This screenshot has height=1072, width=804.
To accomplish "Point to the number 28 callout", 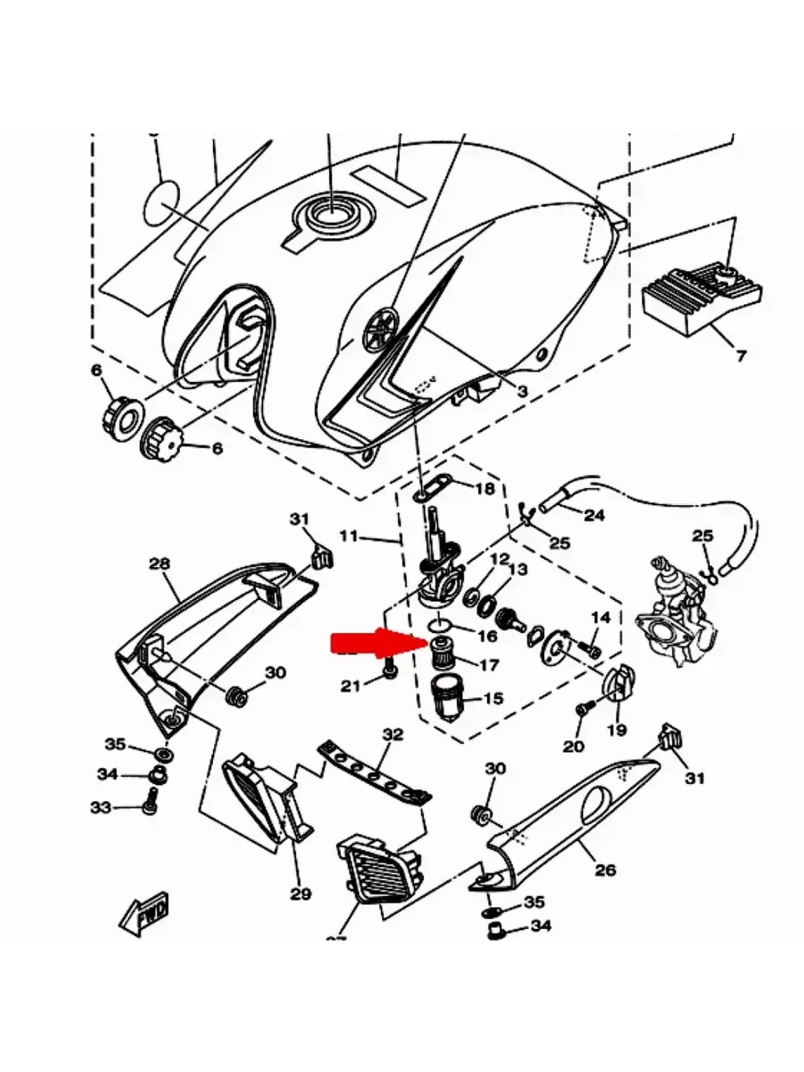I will click(x=160, y=564).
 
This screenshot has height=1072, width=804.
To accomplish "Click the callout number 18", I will click(x=485, y=490).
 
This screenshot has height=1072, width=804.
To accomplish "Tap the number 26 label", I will click(x=605, y=869).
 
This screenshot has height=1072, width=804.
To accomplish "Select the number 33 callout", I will click(x=100, y=807).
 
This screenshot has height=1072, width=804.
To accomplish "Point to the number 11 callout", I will click(x=347, y=534).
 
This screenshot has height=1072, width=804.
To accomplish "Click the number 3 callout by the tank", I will click(x=523, y=392).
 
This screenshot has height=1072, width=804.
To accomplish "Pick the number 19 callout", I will click(x=617, y=730).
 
